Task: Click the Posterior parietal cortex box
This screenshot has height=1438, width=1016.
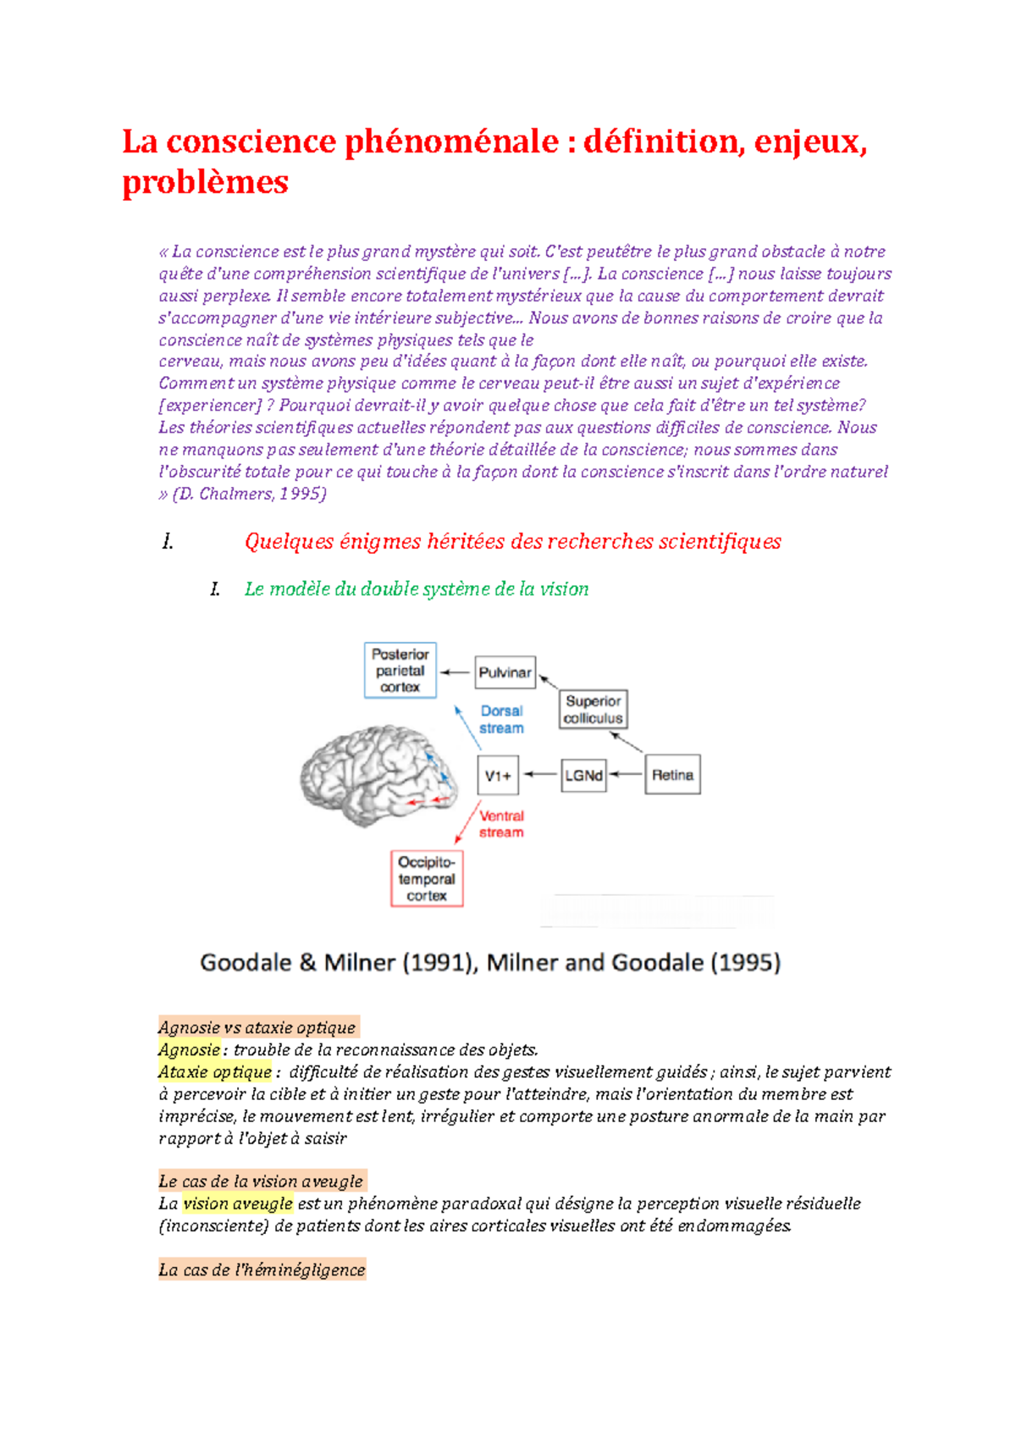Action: coord(400,670)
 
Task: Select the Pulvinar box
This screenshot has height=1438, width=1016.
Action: coord(505,672)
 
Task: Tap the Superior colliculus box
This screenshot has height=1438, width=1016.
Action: coord(593,710)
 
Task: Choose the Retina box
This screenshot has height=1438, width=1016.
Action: coord(672,775)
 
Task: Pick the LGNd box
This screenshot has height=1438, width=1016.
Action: coord(583,775)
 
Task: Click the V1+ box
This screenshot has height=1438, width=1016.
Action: coord(497,775)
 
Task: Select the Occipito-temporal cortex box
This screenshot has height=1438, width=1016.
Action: coord(427,879)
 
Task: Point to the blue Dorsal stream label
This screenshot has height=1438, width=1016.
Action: coord(501,720)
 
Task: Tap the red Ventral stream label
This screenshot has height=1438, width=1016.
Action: coord(501,824)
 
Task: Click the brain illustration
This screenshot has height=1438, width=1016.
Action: coord(378,775)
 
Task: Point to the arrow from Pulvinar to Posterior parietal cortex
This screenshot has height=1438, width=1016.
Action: coord(455,672)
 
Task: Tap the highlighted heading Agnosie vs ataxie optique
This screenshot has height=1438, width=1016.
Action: coord(257,1027)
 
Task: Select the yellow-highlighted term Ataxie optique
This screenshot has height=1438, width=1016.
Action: coord(214,1071)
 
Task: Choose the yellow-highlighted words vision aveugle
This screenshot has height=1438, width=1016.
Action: coord(238,1203)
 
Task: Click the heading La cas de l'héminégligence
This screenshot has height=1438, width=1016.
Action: coord(262,1269)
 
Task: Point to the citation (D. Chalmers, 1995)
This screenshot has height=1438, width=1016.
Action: coord(250,494)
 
